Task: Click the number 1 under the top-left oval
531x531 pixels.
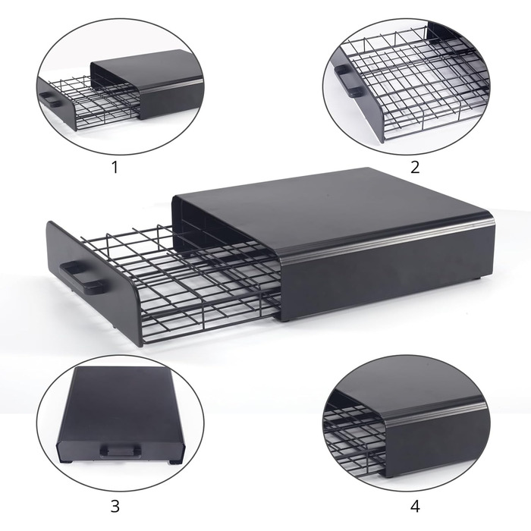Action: (115, 167)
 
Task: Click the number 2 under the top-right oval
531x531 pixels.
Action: (415, 167)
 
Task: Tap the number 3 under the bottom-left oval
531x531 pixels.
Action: (115, 506)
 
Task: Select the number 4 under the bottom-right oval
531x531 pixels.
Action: (415, 506)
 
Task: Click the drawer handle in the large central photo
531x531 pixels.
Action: (81, 277)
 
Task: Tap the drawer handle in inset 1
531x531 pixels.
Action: (50, 100)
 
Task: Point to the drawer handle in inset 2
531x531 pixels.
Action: (348, 81)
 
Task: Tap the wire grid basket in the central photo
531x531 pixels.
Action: (190, 281)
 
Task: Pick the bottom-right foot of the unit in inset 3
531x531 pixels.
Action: (175, 461)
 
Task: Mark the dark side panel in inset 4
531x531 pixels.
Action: (437, 440)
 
